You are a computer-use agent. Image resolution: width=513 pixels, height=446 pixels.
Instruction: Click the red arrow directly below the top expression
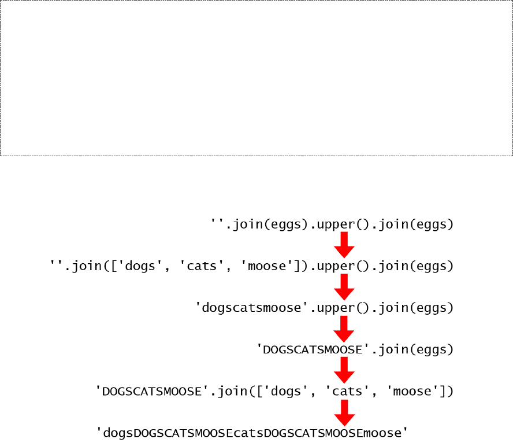344,245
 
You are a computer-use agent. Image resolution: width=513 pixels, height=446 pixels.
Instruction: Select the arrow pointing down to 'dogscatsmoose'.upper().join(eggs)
344,286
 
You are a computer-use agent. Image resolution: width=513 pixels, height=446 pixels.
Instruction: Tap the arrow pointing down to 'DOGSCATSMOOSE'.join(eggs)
344,328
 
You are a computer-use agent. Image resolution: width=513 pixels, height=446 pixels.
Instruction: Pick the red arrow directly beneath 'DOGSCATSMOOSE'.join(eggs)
344,370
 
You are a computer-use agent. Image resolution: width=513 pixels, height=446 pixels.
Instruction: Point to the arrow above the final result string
344,411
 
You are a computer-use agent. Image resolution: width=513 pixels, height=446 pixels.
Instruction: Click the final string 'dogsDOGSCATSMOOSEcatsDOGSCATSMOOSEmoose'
252,433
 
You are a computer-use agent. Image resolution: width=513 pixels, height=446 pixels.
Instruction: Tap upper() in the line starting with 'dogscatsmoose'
341,308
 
